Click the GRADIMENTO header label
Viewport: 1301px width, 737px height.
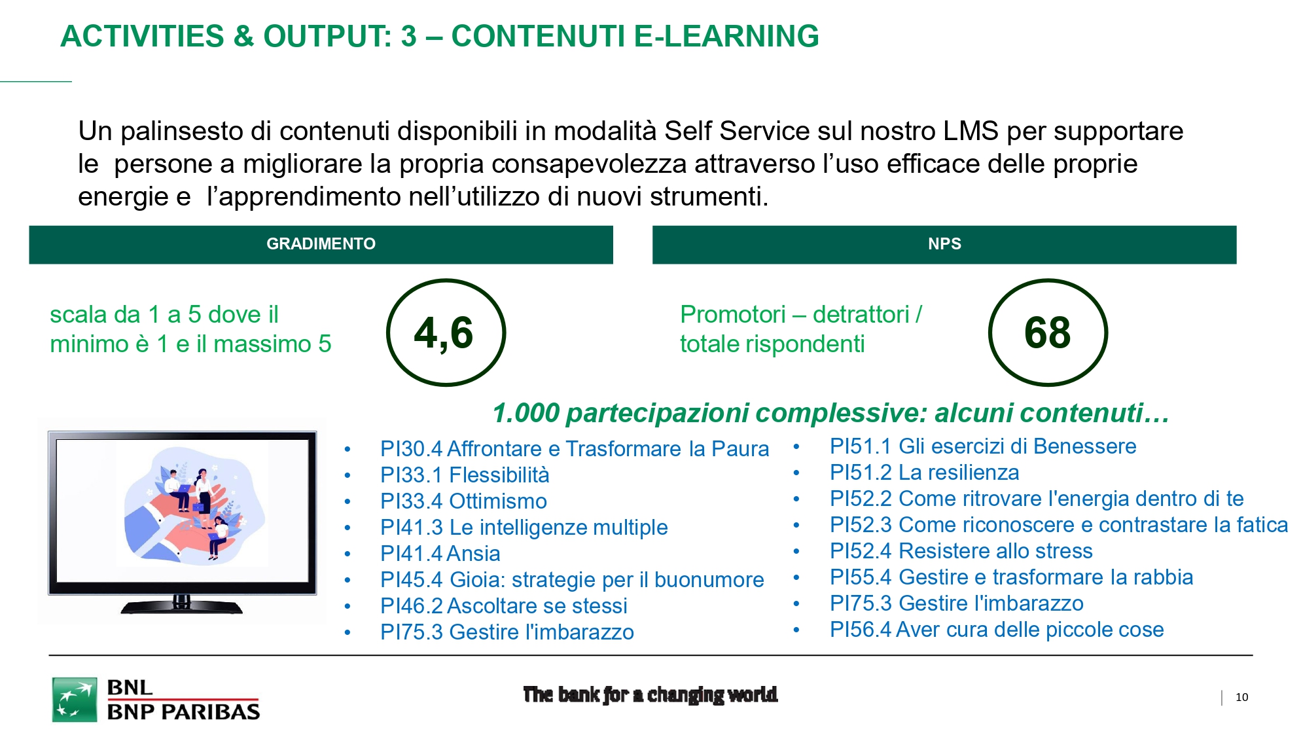[321, 243]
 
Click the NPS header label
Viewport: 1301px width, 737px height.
[944, 243]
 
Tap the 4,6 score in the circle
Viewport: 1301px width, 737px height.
[444, 333]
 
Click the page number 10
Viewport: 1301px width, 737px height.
[1241, 697]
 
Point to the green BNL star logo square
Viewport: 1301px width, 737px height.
[75, 700]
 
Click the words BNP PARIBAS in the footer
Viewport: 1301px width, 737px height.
[183, 712]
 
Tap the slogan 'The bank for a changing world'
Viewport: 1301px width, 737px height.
[650, 694]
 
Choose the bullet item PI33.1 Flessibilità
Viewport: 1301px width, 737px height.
[465, 475]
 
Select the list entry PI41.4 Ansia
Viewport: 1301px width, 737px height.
[440, 553]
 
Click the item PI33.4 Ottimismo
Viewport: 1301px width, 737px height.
[463, 501]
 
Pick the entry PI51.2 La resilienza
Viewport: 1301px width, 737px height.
[924, 472]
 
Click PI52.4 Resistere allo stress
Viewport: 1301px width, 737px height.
[961, 550]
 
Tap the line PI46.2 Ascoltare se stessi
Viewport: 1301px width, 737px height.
[504, 605]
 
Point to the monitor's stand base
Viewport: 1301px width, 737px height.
[181, 607]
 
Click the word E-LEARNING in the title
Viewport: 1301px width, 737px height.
[726, 36]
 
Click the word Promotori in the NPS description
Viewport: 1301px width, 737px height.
[733, 315]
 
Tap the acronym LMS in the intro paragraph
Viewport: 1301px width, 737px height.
[971, 131]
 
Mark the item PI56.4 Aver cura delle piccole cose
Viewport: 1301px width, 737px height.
[997, 629]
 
